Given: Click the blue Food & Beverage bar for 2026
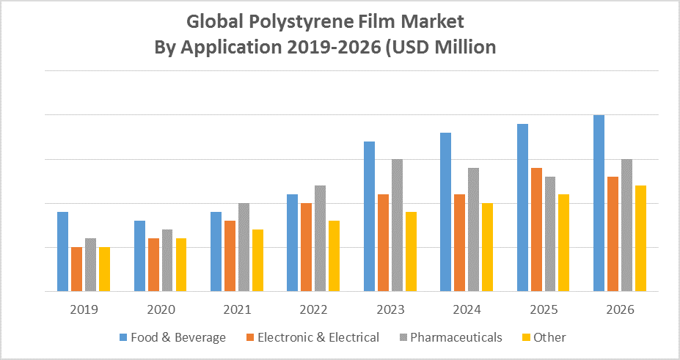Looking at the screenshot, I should pos(599,203).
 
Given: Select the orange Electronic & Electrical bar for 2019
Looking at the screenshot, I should pos(77,269).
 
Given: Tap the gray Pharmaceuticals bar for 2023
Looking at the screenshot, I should pos(397,225).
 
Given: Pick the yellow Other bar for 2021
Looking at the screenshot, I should pos(257,260).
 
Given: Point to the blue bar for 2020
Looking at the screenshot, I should pos(139,256).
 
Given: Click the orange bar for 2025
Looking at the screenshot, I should pos(536,229).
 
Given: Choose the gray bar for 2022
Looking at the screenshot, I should pos(321,238).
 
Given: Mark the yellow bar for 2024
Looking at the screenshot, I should pos(487,247).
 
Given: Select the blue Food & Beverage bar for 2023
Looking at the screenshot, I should pos(369,216).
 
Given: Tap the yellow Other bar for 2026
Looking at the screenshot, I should pos(640,238).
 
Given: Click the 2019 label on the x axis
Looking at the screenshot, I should pos(84,309).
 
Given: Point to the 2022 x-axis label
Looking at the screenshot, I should pos(313,309).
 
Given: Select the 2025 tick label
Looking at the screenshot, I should pos(544,309).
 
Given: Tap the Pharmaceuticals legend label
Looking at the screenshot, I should pos(456,337).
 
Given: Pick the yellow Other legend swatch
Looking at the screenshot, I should pos(525,337).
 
